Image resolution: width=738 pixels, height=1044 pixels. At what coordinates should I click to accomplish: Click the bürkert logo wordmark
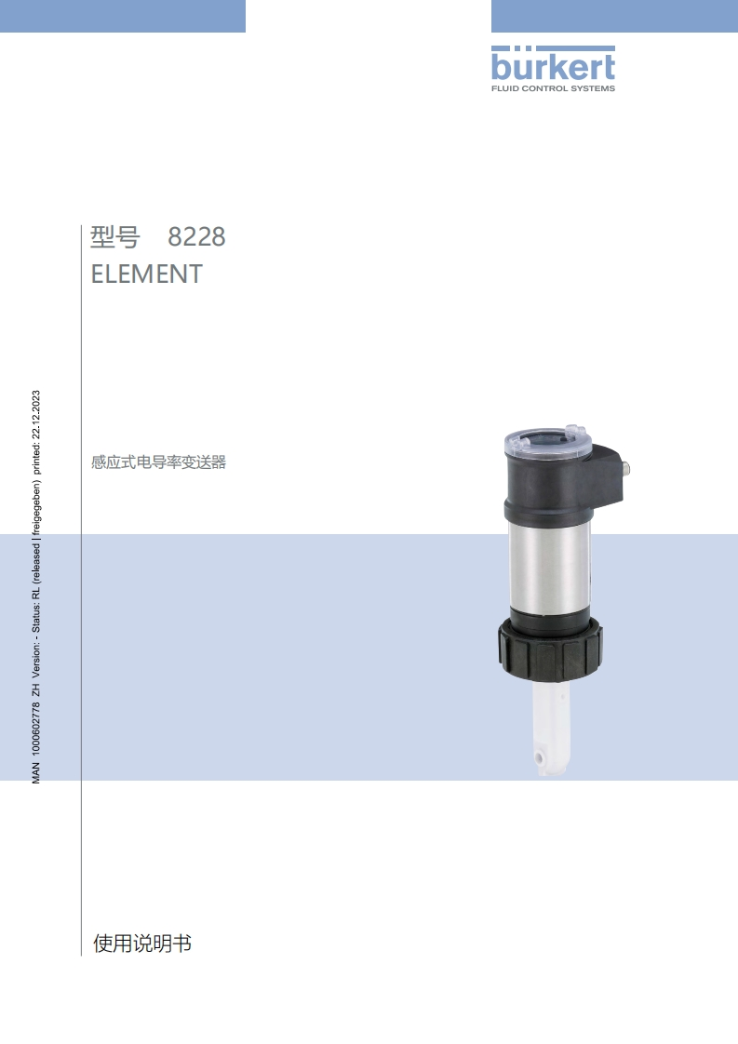[x=553, y=64]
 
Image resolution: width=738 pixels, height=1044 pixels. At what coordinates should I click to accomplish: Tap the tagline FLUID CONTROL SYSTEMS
[x=553, y=87]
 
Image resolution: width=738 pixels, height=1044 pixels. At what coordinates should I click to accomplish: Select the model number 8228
[x=196, y=236]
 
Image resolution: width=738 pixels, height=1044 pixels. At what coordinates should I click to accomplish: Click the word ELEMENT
[x=146, y=274]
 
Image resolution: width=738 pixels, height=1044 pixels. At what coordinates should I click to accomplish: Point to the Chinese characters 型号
[x=115, y=236]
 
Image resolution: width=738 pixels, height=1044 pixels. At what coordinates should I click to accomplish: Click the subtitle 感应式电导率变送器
[x=158, y=462]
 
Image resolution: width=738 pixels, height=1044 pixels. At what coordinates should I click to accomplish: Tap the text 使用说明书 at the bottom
[x=142, y=943]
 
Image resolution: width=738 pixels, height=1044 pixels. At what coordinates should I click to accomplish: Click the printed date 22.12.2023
[x=36, y=414]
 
